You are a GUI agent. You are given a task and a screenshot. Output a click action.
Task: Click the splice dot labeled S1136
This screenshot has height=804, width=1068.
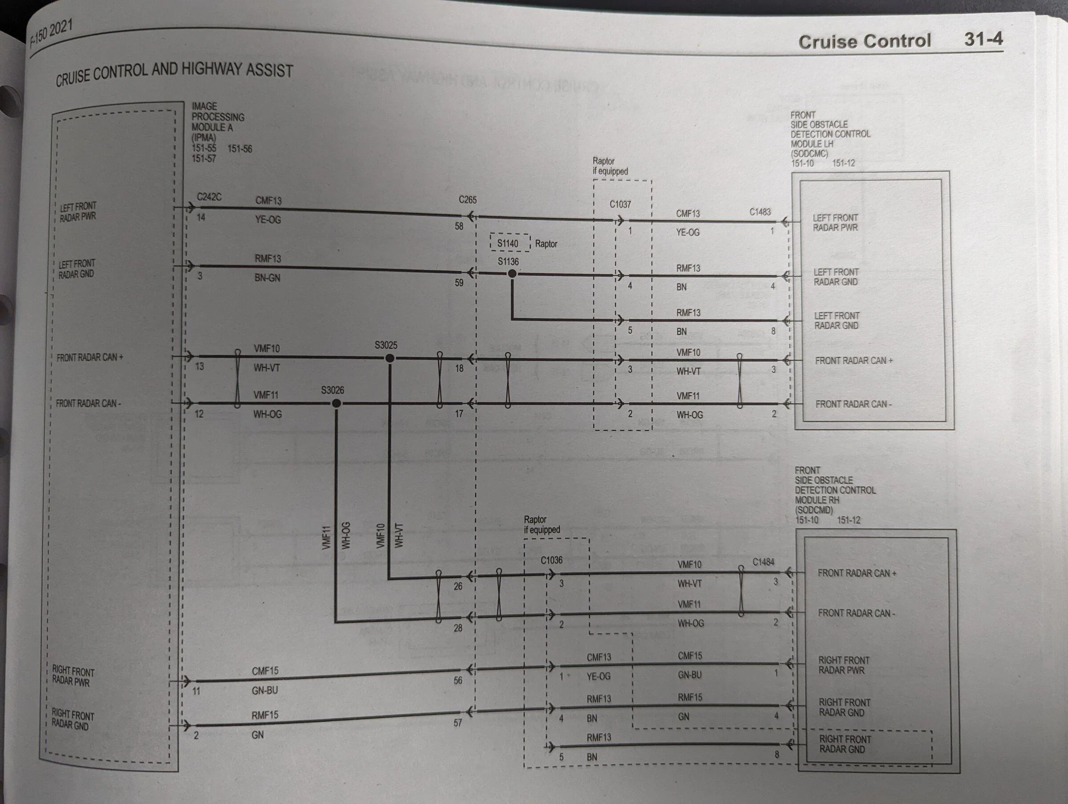tap(512, 273)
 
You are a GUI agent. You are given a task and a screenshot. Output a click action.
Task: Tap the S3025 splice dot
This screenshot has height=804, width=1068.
tap(390, 358)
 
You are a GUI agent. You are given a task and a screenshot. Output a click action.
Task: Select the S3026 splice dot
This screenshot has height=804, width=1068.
tap(336, 403)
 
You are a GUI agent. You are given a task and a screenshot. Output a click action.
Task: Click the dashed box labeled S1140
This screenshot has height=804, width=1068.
tap(510, 243)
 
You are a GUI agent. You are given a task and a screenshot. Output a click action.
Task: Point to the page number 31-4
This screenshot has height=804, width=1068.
tap(983, 39)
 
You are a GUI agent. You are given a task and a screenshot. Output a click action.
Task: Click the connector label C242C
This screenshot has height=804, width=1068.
tap(209, 197)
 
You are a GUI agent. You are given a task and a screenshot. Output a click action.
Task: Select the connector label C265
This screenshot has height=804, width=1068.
tap(467, 199)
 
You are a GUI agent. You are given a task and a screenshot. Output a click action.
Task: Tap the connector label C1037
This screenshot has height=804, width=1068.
tap(620, 204)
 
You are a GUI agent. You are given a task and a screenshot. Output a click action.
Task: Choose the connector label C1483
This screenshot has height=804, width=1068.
tap(760, 212)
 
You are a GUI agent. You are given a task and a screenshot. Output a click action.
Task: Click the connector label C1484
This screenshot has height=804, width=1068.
tap(763, 562)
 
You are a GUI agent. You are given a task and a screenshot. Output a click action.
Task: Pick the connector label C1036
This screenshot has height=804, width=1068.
tap(551, 560)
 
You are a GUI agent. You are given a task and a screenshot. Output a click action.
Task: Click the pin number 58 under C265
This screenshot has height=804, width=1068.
tap(459, 226)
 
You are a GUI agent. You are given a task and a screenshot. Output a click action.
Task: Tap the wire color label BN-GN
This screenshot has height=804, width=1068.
tap(267, 278)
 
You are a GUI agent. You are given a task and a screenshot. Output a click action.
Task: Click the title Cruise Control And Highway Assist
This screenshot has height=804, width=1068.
tap(174, 73)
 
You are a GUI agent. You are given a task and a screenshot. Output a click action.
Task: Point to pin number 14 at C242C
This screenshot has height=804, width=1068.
tap(201, 217)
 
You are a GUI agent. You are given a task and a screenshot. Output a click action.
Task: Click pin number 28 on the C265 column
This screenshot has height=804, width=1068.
tap(458, 628)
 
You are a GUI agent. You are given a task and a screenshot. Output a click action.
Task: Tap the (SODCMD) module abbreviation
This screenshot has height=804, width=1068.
tap(813, 510)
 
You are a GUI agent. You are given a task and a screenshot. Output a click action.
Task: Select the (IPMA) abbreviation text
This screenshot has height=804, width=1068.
tap(204, 138)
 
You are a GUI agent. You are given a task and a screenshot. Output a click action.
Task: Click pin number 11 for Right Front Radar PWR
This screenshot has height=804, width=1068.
tap(196, 691)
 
